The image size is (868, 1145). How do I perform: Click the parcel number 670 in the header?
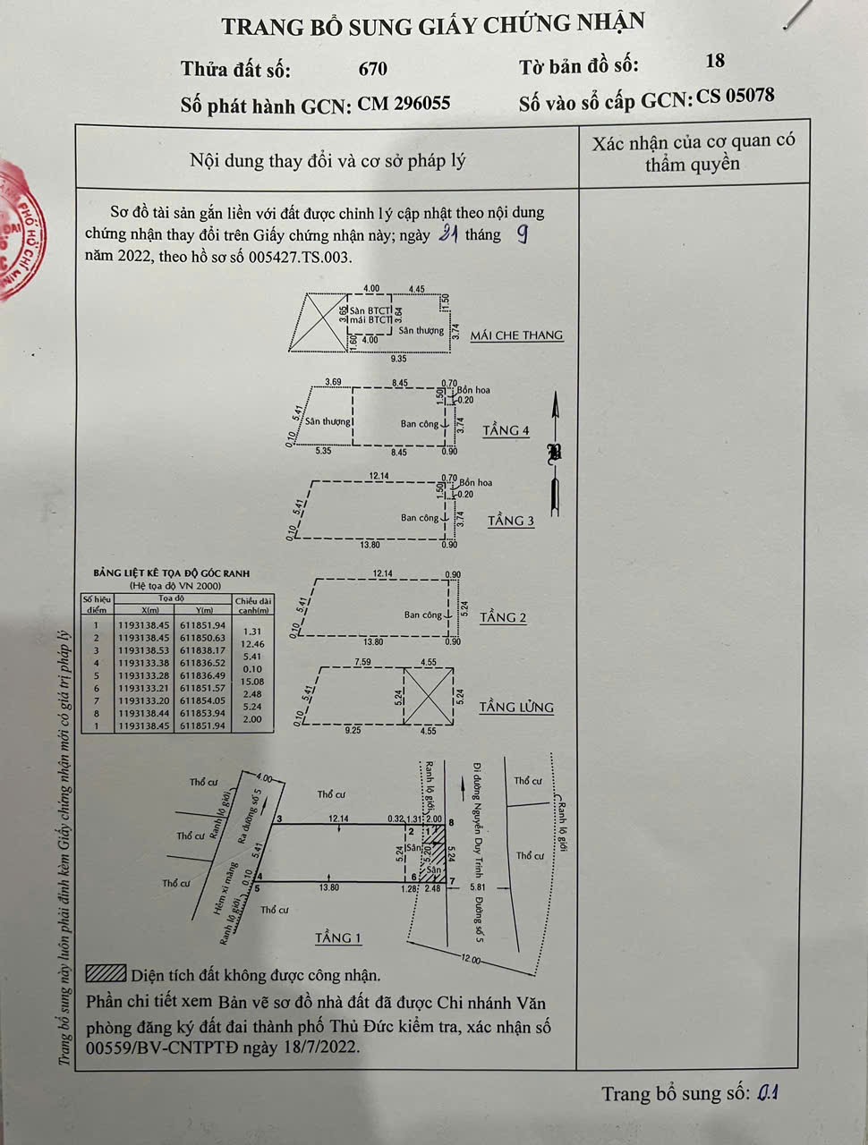click(372, 69)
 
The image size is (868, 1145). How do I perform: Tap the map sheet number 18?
click(715, 61)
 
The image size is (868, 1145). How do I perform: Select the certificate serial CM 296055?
click(404, 104)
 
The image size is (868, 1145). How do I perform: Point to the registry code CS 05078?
click(736, 97)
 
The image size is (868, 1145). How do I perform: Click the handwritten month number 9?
click(523, 234)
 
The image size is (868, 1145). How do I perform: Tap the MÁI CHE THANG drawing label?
click(516, 335)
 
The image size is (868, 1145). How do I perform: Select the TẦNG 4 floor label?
click(506, 431)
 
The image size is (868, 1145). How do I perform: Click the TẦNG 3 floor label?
click(511, 521)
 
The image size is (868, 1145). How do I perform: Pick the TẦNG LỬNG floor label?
click(516, 708)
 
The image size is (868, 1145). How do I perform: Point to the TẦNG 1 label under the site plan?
click(338, 938)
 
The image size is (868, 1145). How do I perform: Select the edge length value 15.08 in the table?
click(252, 682)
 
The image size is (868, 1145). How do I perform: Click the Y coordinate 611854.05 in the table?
click(203, 701)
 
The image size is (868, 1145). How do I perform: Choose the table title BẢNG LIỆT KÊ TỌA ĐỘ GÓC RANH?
click(172, 573)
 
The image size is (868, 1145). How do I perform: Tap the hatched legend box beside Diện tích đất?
click(106, 973)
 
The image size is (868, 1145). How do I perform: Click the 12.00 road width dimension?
click(471, 960)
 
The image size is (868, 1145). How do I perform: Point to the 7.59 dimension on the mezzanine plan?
click(362, 663)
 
